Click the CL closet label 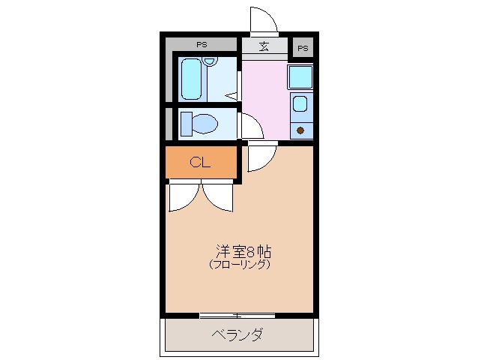tap(199, 162)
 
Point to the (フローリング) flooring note tap(239, 265)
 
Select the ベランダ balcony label tap(236, 334)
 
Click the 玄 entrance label tap(264, 46)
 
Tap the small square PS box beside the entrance tap(303, 48)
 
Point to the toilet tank tap(186, 123)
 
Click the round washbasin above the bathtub tap(209, 62)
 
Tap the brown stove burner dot tap(301, 130)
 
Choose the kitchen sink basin tap(300, 105)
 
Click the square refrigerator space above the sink tap(300, 77)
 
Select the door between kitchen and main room tap(261, 157)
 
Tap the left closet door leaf tap(182, 198)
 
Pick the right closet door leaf tap(220, 197)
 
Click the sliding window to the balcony tap(238, 315)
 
